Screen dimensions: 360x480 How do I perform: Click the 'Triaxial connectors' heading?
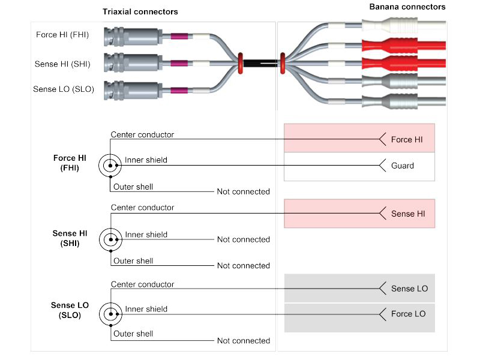[140, 12]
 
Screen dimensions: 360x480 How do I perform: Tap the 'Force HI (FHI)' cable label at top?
[62, 35]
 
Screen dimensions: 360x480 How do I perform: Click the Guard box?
[359, 166]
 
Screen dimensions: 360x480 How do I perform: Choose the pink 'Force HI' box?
[359, 139]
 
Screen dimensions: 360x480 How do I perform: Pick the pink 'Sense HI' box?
[359, 214]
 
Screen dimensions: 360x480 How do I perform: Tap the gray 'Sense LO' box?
[359, 289]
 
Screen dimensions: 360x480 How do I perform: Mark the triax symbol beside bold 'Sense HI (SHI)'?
[110, 239]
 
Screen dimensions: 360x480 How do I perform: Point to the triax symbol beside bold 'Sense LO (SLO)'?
[110, 314]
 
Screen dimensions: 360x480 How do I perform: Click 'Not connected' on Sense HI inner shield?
[243, 239]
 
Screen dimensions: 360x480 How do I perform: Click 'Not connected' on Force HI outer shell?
[243, 191]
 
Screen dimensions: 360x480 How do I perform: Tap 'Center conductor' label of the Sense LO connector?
[142, 284]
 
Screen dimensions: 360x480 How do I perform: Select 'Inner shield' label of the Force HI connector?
[146, 160]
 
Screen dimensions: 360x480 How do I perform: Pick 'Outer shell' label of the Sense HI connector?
[133, 261]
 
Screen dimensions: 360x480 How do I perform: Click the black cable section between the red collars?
[262, 62]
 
